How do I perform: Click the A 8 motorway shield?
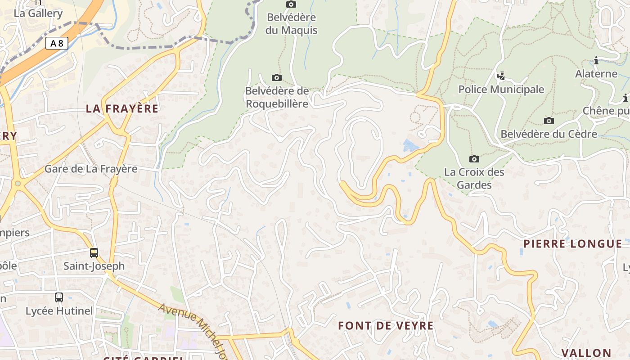[x=57, y=43]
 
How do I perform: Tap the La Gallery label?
[x=38, y=13]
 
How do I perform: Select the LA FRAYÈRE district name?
[x=122, y=108]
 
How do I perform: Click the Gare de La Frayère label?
[x=91, y=169]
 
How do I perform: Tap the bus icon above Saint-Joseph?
[x=94, y=252]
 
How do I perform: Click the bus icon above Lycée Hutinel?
[x=59, y=297]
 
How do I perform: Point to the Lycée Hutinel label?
[x=59, y=311]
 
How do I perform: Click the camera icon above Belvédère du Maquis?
[x=291, y=4]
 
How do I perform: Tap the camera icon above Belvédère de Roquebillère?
[x=277, y=78]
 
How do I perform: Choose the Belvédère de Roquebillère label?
[x=277, y=97]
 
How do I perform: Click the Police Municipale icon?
[x=501, y=76]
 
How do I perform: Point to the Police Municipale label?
[x=501, y=90]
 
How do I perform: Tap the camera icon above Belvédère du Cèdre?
[x=549, y=121]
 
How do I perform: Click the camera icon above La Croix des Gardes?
[x=474, y=159]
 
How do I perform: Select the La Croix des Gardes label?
[x=474, y=178]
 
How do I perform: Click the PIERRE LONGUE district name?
[x=572, y=244]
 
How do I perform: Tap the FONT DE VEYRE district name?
[x=386, y=326]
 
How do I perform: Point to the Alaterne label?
[x=596, y=74]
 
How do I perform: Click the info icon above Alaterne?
[x=596, y=60]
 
